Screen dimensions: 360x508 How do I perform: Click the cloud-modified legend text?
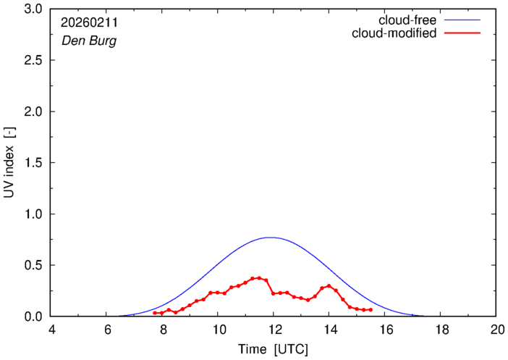394,33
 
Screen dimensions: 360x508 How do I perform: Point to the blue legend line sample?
464,20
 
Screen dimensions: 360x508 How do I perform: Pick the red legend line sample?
464,33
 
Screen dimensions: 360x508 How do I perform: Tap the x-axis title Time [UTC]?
273,350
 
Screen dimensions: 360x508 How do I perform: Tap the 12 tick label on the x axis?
273,330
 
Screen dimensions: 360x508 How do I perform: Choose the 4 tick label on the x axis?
51,330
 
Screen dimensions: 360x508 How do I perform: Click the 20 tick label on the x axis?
496,330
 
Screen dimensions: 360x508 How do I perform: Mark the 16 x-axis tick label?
384,330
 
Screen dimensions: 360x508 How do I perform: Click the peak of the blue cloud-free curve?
270,237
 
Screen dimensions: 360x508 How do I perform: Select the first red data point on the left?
154,313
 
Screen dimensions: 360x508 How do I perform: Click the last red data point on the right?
371,310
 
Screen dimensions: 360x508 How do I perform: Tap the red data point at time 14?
329,285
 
